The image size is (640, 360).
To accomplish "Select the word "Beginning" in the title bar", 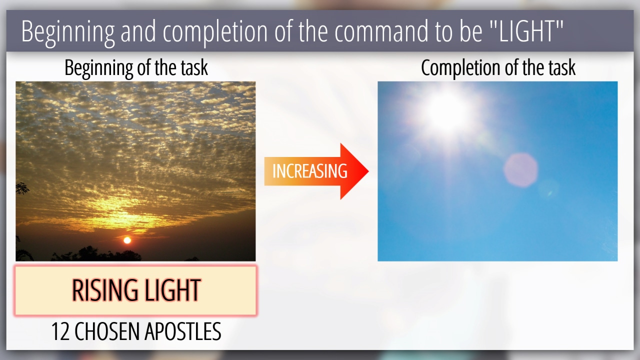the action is click(x=68, y=33).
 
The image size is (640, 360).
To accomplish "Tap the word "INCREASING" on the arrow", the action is click(x=309, y=171).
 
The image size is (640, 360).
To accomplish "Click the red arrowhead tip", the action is click(x=368, y=171).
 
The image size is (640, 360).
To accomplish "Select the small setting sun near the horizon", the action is click(x=127, y=240).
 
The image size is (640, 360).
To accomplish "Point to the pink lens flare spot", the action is click(x=520, y=170).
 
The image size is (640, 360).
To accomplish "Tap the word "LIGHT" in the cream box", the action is click(x=172, y=290).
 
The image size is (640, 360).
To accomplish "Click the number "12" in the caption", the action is click(x=60, y=331).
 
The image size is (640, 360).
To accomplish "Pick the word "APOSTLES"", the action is click(x=183, y=331).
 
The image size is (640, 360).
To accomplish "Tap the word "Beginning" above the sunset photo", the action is click(x=98, y=68).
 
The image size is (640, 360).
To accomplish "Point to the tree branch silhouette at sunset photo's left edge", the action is click(x=22, y=188).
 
